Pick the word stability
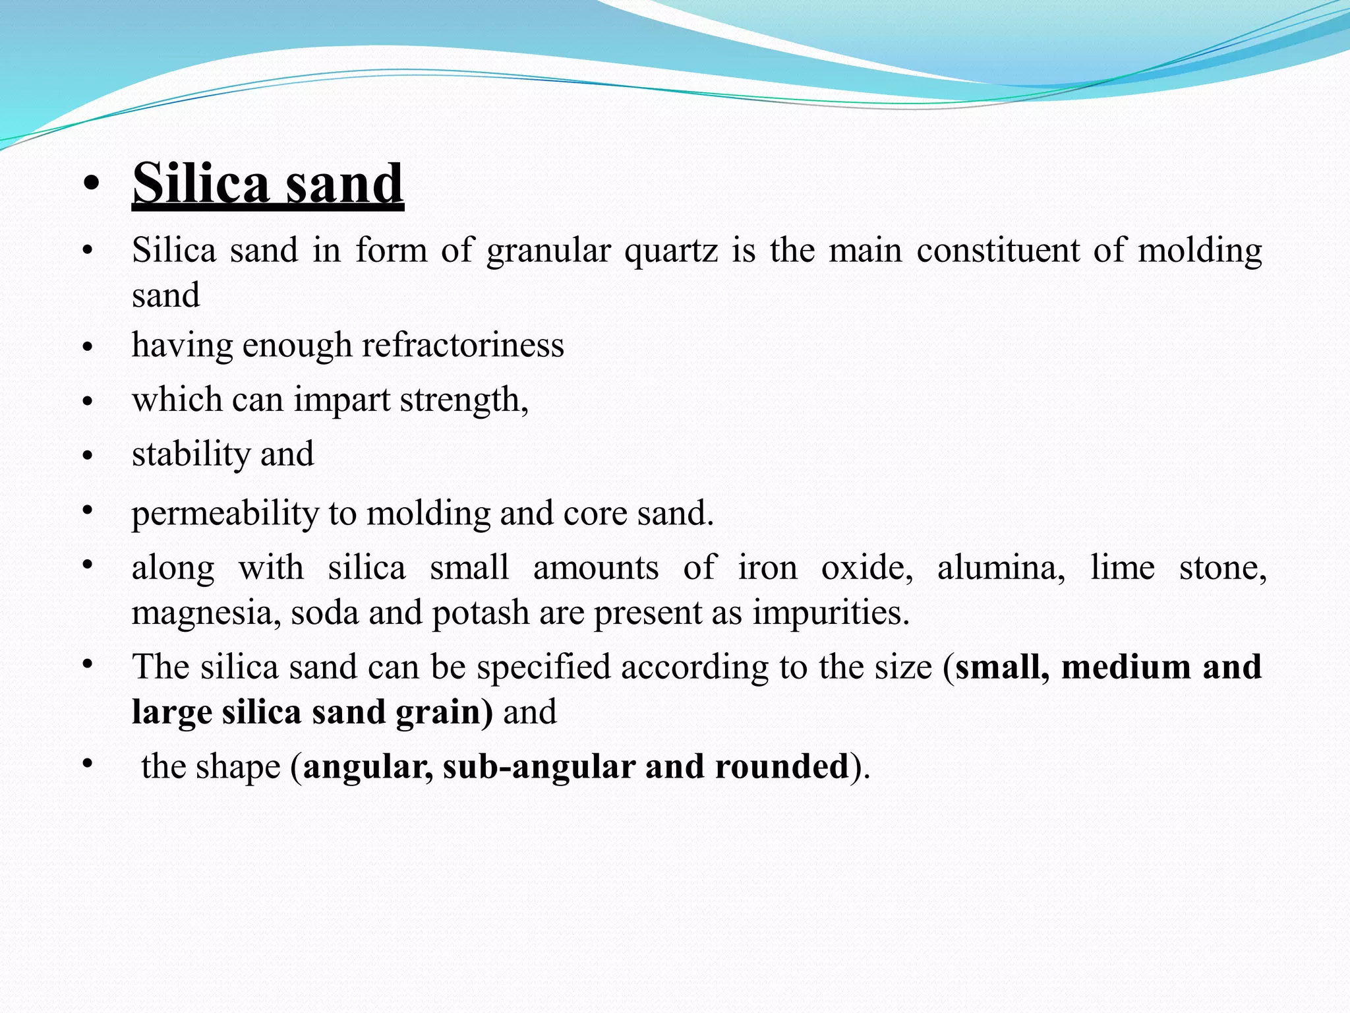tap(190, 454)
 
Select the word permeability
tap(225, 514)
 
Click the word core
tap(595, 513)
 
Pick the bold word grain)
tap(444, 712)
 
